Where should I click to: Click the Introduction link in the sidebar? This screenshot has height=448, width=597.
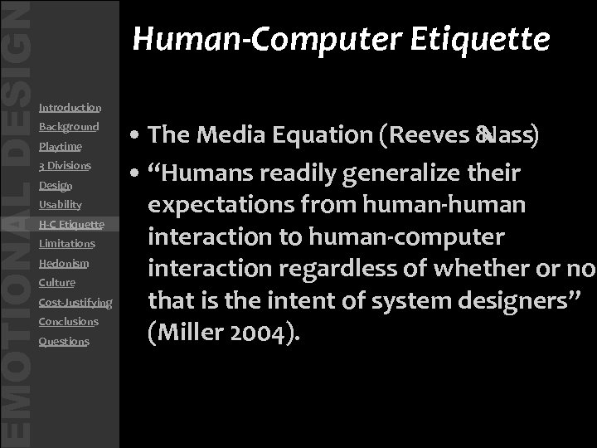(70, 108)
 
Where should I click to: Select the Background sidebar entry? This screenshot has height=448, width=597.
(68, 127)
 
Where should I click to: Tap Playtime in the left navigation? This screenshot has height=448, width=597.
(60, 147)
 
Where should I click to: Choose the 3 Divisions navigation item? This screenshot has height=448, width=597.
(65, 166)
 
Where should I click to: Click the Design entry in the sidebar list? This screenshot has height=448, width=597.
(56, 186)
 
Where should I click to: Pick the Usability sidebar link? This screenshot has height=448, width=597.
(60, 205)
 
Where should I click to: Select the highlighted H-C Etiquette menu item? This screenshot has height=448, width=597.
(71, 225)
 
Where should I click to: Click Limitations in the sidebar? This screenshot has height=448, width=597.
(66, 244)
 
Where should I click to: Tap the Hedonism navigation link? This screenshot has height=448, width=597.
(64, 264)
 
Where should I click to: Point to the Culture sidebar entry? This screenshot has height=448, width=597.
(56, 283)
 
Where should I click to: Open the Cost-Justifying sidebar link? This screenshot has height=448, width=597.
(75, 303)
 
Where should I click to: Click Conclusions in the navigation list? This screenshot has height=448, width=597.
(68, 322)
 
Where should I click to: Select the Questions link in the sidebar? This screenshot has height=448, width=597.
(64, 342)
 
